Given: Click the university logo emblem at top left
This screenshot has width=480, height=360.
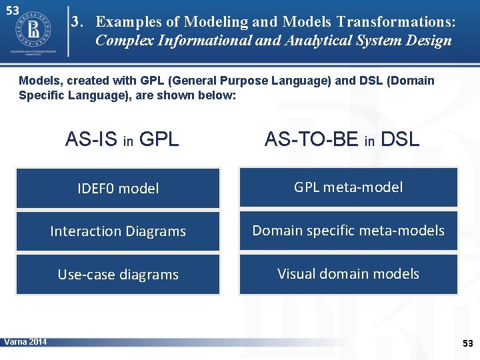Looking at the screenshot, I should click(33, 31).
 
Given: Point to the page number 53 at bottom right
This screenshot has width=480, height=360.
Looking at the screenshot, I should click(467, 343).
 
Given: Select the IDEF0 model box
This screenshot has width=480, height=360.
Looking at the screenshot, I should click(118, 189).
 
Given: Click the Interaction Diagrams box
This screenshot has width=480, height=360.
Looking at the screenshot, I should click(118, 231).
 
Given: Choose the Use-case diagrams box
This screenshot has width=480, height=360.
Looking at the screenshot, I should click(118, 275).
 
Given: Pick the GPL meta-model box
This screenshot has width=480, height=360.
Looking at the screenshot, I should click(349, 187).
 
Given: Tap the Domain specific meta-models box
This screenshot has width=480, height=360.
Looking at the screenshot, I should click(349, 231).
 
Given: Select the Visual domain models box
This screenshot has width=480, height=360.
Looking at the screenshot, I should click(349, 274).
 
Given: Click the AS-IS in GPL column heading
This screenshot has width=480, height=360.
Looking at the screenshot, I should click(122, 139).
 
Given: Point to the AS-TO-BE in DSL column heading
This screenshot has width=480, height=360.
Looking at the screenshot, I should click(342, 139).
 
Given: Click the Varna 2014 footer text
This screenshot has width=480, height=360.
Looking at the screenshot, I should click(25, 342).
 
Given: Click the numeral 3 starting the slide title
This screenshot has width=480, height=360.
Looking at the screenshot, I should click(77, 21).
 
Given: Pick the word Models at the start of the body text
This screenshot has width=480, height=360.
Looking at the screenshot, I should click(37, 81).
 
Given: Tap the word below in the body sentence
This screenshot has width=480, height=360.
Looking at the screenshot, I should click(219, 95).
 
